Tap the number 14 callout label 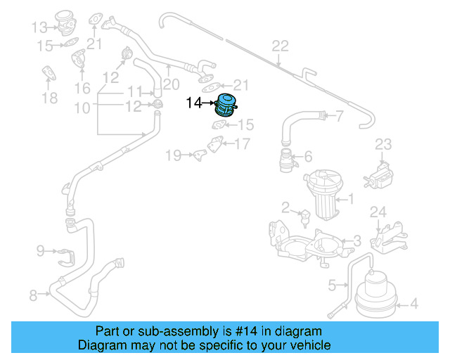tap(193, 103)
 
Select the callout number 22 tap(281, 46)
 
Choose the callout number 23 tap(382, 144)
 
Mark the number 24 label tap(378, 212)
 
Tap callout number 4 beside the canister tap(414, 304)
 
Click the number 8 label tap(33, 296)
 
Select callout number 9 tap(40, 250)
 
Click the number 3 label tap(357, 240)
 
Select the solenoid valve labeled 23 tap(381, 172)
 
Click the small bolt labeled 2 tap(304, 216)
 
